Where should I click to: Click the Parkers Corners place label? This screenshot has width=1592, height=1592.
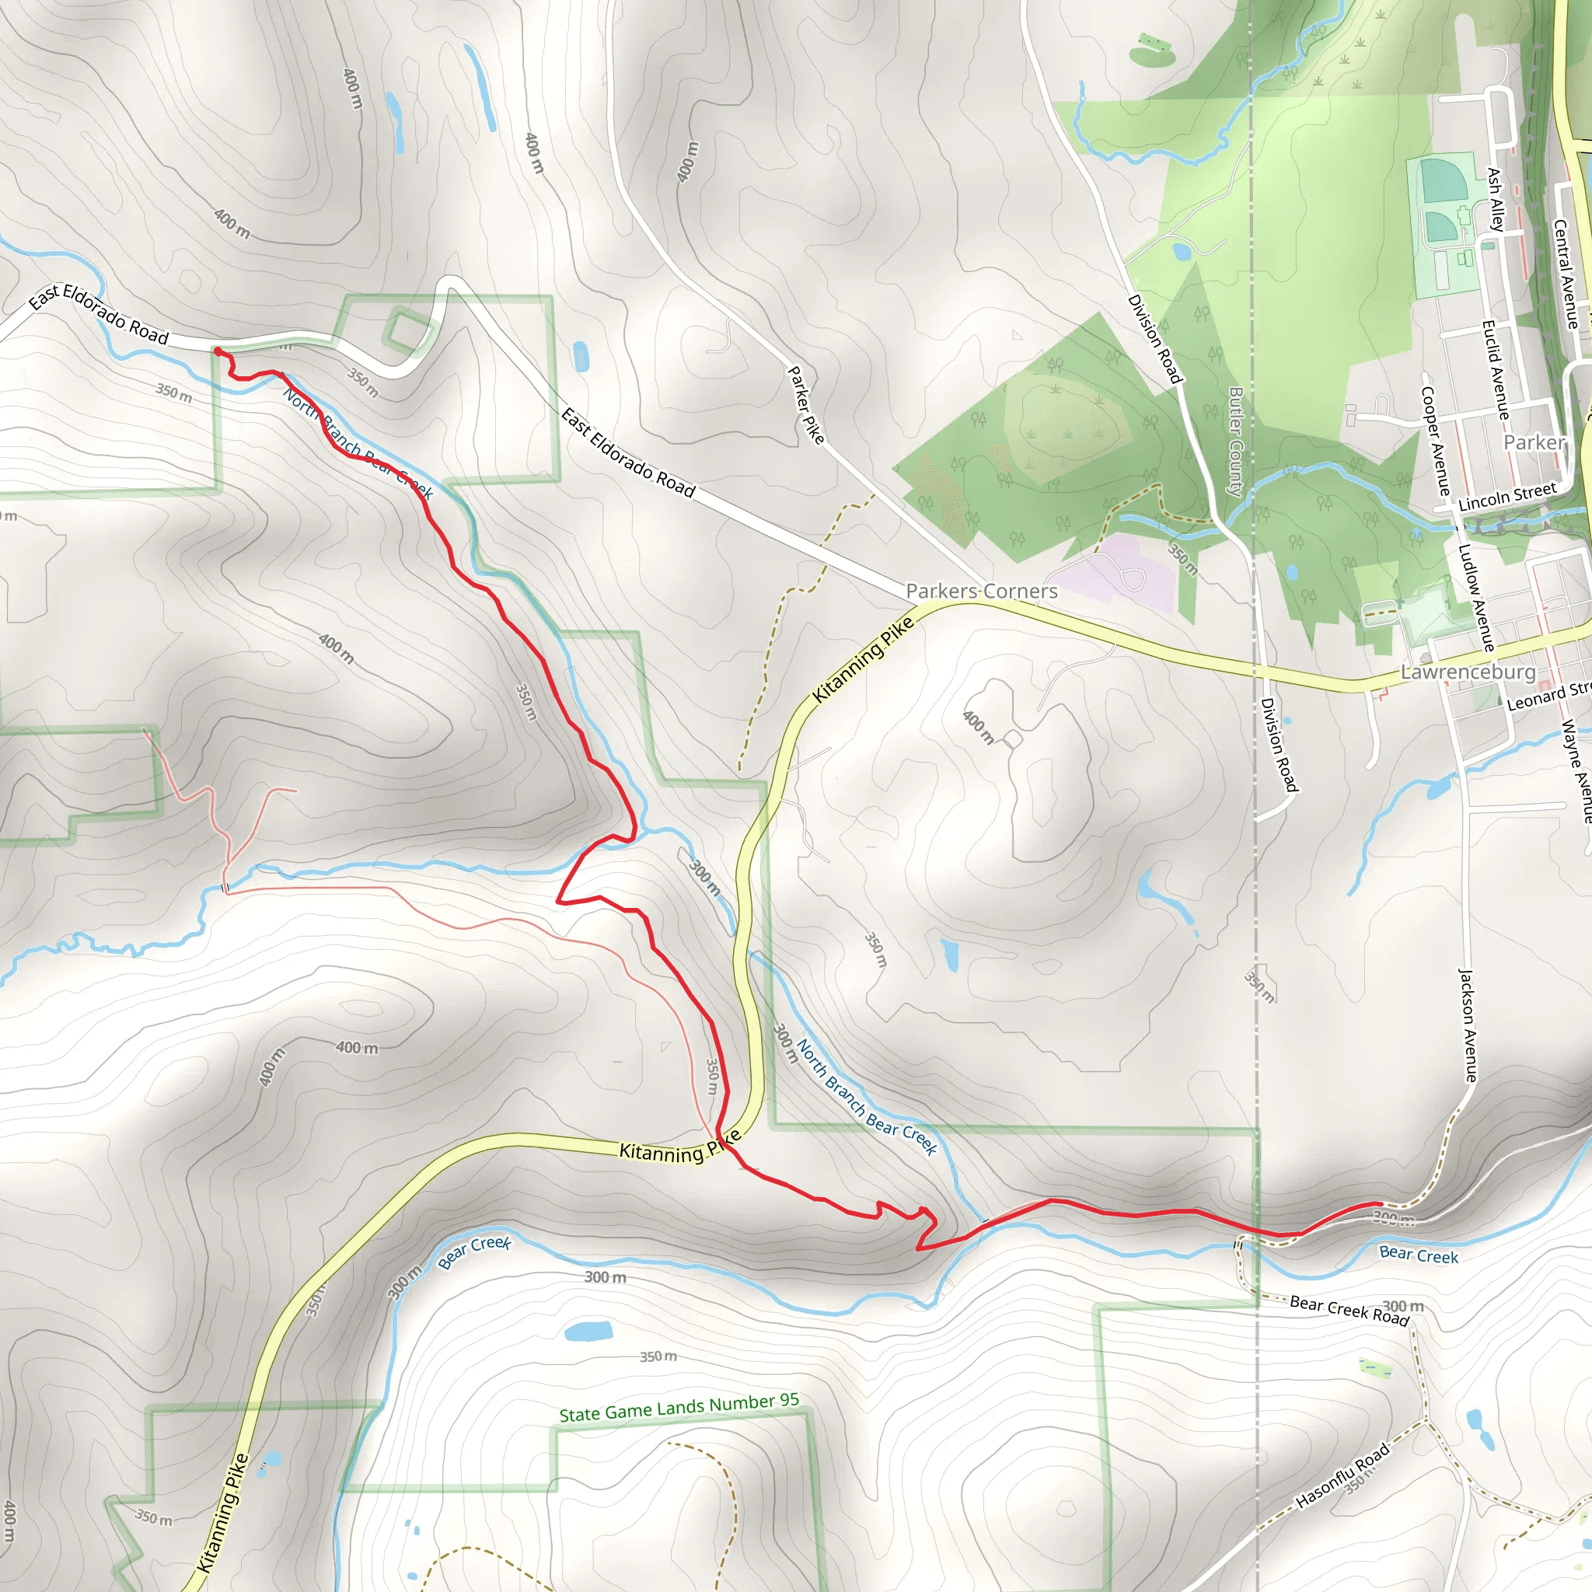click(x=982, y=591)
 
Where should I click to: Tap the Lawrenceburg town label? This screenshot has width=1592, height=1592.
click(x=1468, y=672)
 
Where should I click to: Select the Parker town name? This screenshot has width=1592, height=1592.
click(x=1534, y=442)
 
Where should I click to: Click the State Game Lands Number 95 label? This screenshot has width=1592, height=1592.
click(x=679, y=1409)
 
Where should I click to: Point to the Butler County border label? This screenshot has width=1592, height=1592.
click(x=1235, y=442)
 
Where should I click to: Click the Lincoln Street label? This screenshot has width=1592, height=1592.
click(x=1507, y=497)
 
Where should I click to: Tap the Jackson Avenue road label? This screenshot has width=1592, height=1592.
click(x=1468, y=1025)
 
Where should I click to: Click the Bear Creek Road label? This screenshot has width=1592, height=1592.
click(x=1349, y=1309)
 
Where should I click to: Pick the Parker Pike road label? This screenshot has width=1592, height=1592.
click(x=806, y=404)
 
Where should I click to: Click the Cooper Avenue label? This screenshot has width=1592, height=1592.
click(x=1435, y=442)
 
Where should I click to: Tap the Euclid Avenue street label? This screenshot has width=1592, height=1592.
click(x=1495, y=369)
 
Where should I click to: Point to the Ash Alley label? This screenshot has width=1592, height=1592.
click(x=1496, y=200)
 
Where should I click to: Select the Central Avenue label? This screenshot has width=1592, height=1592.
click(x=1565, y=274)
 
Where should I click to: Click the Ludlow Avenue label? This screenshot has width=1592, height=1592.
click(x=1476, y=598)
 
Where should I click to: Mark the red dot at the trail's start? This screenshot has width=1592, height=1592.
click(x=218, y=352)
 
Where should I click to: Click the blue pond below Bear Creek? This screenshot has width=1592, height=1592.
click(x=588, y=1332)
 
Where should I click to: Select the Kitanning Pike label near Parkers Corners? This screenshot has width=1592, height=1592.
click(x=863, y=659)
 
